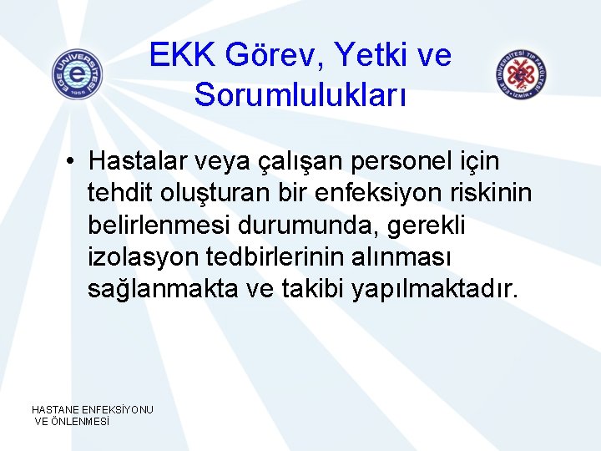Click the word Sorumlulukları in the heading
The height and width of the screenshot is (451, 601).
[300, 94]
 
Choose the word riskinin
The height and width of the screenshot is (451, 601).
[497, 192]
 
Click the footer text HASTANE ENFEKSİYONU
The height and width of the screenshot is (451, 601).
[93, 409]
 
